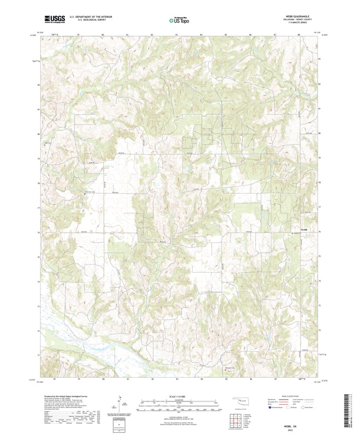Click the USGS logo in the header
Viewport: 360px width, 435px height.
click(x=54, y=19)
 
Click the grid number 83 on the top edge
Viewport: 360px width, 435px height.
click(x=177, y=34)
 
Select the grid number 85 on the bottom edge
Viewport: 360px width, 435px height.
click(x=226, y=379)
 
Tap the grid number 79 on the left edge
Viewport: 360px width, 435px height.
click(x=39, y=159)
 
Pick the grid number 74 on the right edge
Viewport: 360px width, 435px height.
click(x=320, y=281)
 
